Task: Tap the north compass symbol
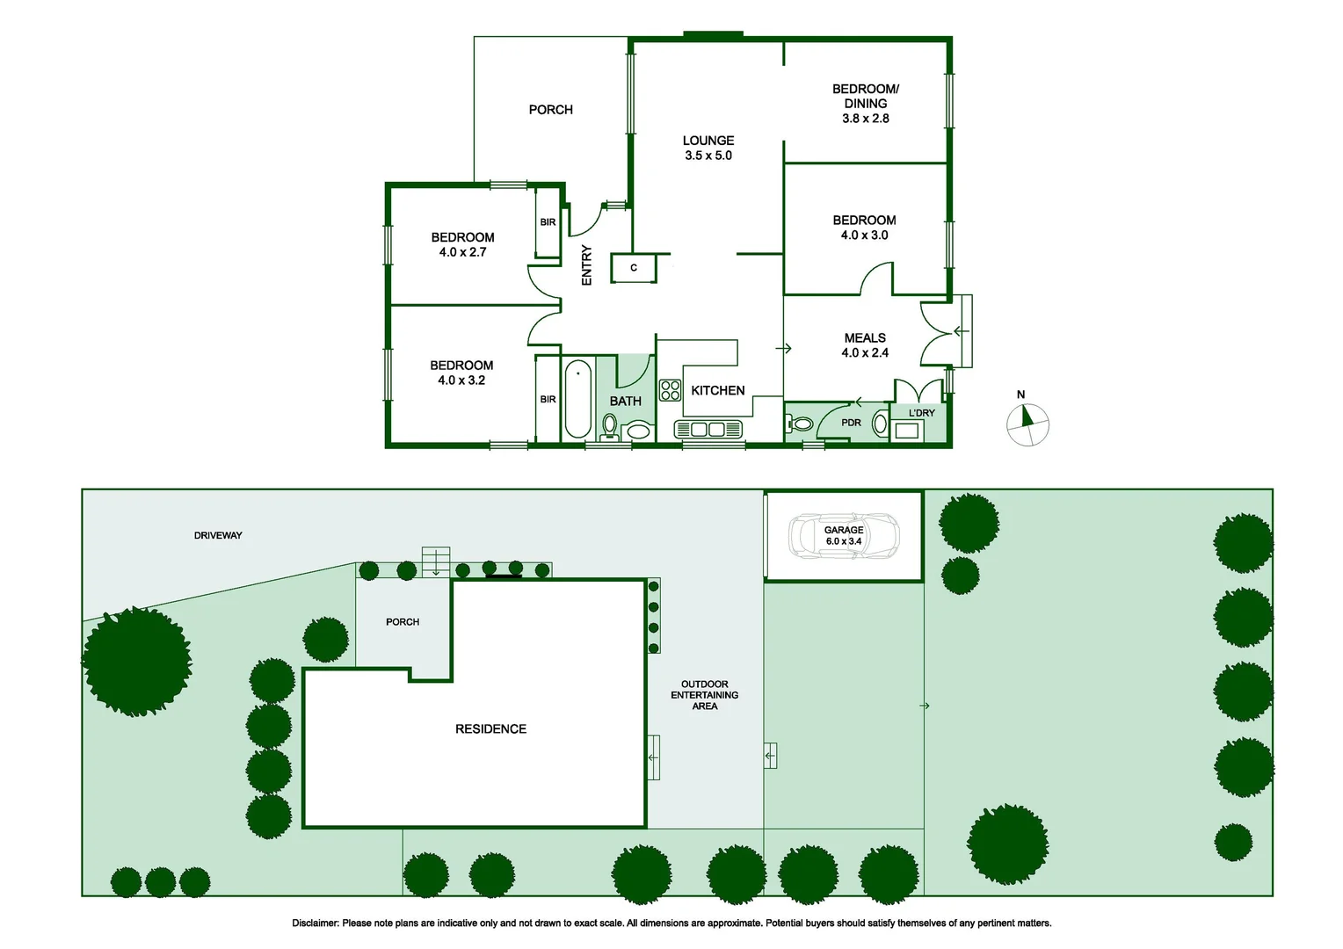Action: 1027,423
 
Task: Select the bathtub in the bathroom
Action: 577,398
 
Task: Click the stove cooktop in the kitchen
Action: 671,390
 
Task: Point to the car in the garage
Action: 844,536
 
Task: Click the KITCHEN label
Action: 718,390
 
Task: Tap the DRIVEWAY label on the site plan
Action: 218,535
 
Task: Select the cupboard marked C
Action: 634,268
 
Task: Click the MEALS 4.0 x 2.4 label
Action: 865,345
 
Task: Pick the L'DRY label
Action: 922,413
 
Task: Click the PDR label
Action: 851,423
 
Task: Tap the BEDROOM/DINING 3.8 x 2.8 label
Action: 866,104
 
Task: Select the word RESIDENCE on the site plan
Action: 490,729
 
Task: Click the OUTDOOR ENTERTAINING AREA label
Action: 704,695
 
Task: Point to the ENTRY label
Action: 586,264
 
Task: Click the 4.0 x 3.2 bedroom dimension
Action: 461,380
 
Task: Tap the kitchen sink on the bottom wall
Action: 708,429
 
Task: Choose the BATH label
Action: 625,401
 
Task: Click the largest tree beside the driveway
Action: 136,661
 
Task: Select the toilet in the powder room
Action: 801,424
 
